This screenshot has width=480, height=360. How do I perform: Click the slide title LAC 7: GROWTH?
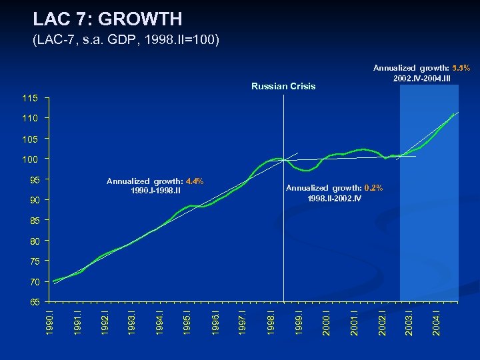(107, 18)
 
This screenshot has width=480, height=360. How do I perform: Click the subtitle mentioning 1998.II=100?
(125, 41)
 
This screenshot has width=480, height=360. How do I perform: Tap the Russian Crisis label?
(283, 86)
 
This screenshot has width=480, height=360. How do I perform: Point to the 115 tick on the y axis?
(35, 98)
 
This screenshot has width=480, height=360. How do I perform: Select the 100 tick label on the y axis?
(35, 159)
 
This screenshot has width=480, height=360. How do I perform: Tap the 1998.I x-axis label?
(270, 321)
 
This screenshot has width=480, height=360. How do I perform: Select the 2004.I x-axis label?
(435, 321)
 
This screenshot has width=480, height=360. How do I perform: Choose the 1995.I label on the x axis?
(187, 321)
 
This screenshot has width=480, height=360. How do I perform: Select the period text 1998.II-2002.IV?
(335, 198)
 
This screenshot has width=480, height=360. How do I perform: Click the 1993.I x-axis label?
(132, 321)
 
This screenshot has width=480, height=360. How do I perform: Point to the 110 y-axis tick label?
(35, 119)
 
